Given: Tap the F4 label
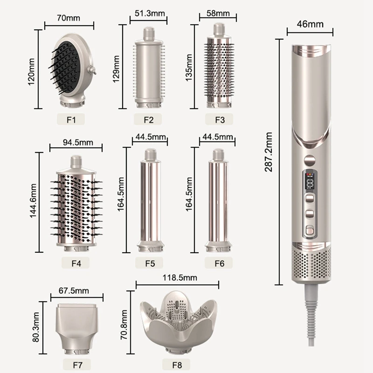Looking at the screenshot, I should tap(76, 263).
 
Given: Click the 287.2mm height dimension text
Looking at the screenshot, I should tap(269, 152).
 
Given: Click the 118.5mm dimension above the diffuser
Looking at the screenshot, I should tap(177, 278).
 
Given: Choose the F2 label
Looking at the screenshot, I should tap(148, 119).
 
